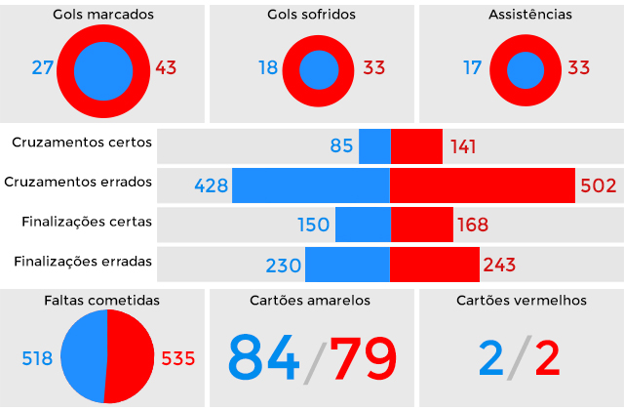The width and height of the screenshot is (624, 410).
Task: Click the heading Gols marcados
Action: click(104, 16)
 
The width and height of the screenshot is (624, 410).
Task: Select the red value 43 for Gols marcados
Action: click(166, 69)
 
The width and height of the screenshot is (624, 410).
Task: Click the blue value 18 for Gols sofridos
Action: click(268, 69)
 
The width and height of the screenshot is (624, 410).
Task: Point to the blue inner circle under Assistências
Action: click(525, 69)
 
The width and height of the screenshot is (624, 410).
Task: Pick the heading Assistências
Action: click(525, 16)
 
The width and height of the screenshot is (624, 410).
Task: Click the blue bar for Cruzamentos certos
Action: click(374, 146)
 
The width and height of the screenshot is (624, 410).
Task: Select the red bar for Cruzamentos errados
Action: click(482, 185)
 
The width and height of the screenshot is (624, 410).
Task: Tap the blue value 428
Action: click(211, 185)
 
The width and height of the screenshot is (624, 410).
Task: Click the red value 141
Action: click(464, 146)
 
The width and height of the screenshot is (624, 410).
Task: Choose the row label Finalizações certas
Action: click(87, 222)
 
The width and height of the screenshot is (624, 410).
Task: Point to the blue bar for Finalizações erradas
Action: click(347, 265)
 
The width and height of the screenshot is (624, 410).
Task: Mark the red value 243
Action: click(499, 265)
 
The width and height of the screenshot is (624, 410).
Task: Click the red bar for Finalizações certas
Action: click(421, 225)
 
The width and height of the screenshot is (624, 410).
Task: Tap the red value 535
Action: click(177, 358)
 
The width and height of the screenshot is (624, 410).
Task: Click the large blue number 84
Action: click(263, 358)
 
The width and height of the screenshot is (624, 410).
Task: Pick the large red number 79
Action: click(363, 358)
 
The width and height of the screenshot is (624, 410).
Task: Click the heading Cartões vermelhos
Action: click(522, 301)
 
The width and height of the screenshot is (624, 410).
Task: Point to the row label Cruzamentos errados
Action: click(78, 182)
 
